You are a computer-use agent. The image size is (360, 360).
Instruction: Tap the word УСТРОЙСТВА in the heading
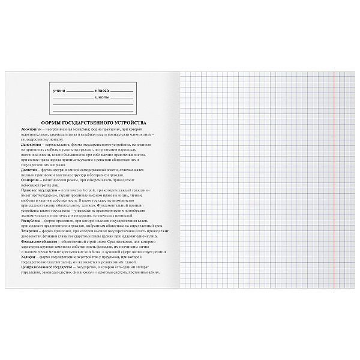tap(128, 122)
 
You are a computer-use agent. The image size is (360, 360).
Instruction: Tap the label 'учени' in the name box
tap(58, 90)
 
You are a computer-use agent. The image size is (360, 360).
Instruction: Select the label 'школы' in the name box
tap(101, 96)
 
